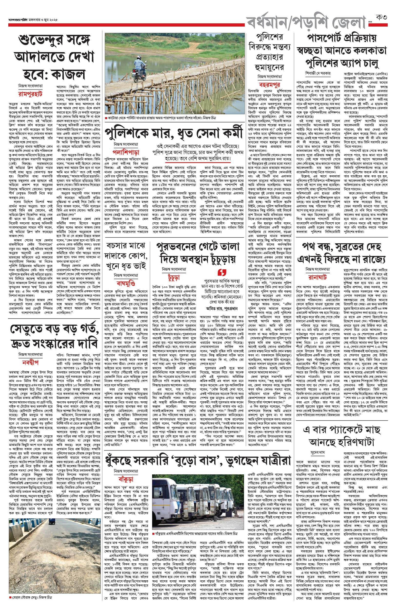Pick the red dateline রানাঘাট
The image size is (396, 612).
point(318,277)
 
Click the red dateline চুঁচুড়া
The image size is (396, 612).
point(174,277)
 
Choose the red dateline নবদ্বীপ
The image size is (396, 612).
point(30,363)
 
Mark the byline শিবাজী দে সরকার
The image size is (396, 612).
point(318,73)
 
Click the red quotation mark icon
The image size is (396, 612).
point(222,272)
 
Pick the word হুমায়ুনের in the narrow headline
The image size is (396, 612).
point(270,67)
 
